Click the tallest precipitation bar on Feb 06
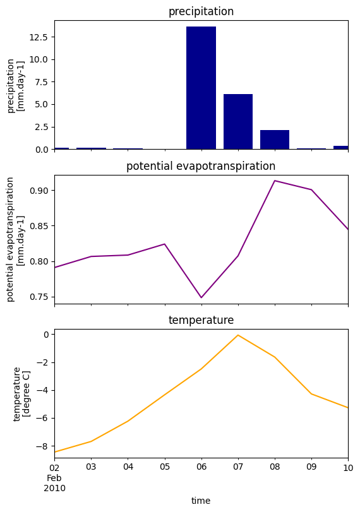pos(201,88)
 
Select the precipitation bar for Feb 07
pos(238,122)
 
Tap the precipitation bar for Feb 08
pos(275,140)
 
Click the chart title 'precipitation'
pos(201,12)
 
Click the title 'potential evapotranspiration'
pos(201,167)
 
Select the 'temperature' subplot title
pos(201,321)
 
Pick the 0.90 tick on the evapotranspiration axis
pos(39,191)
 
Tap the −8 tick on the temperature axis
pos(44,446)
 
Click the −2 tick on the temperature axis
pos(44,362)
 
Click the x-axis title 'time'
pos(201,501)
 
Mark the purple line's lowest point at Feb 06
pos(201,297)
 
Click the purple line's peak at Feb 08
pos(275,181)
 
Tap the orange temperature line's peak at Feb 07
pos(238,335)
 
